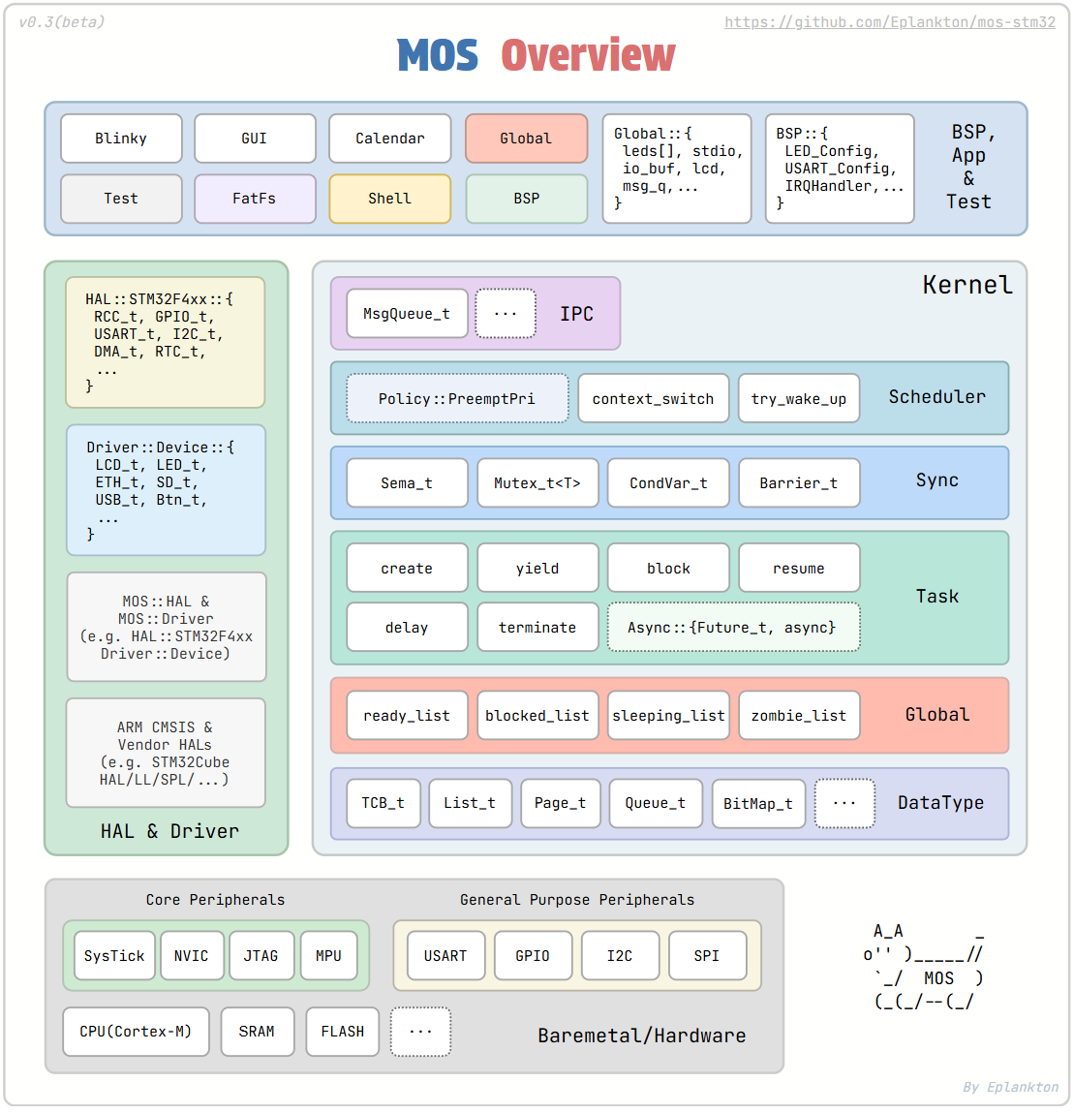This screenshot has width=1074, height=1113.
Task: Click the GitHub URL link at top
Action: pyautogui.click(x=889, y=22)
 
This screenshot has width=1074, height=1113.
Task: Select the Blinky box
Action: pyautogui.click(x=121, y=139)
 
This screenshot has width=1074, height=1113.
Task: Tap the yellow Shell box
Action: pyautogui.click(x=389, y=199)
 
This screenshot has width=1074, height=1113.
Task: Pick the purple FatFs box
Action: pyautogui.click(x=255, y=199)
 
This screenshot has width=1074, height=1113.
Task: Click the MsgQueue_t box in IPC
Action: pyautogui.click(x=407, y=314)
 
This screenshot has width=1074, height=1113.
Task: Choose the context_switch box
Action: pyautogui.click(x=653, y=399)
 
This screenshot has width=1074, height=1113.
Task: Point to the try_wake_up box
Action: pyautogui.click(x=799, y=399)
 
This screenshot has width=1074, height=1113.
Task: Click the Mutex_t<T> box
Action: pyautogui.click(x=537, y=483)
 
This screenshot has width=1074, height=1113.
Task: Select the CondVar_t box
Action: pyautogui.click(x=668, y=483)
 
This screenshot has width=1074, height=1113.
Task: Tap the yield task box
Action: pyautogui.click(x=537, y=569)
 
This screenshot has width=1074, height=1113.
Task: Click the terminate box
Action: pyautogui.click(x=537, y=628)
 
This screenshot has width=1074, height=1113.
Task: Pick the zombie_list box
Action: pyautogui.click(x=799, y=716)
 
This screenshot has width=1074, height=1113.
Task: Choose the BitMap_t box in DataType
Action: pyautogui.click(x=758, y=804)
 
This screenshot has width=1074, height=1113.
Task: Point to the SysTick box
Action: pyautogui.click(x=114, y=956)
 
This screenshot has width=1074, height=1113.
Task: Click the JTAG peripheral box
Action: pyautogui.click(x=261, y=956)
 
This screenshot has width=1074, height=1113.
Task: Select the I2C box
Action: pyautogui.click(x=620, y=956)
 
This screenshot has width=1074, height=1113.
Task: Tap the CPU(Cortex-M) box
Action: pyautogui.click(x=136, y=1032)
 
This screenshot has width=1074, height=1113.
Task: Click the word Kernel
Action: pyautogui.click(x=967, y=286)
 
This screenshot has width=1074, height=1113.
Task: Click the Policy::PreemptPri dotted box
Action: pyautogui.click(x=457, y=399)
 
